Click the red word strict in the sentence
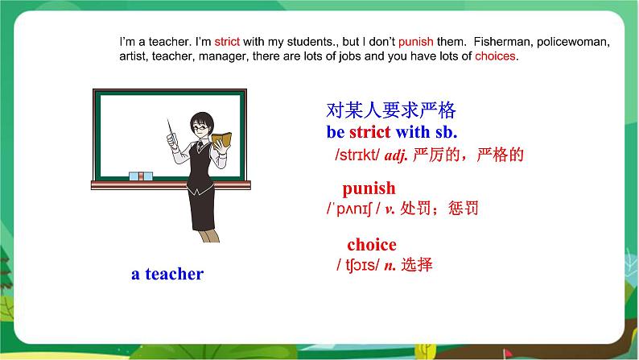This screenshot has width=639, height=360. (227, 42)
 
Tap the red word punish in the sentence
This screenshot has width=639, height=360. (416, 43)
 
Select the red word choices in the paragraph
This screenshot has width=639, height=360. (495, 56)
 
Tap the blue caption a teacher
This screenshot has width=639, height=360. (167, 274)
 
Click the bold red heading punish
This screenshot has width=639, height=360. (369, 188)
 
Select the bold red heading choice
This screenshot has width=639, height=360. (372, 245)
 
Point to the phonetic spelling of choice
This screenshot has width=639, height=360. (358, 266)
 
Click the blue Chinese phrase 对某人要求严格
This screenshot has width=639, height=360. (391, 110)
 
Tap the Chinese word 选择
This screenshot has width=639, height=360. (417, 265)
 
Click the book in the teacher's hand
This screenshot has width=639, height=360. (221, 140)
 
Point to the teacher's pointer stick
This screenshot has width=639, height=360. (171, 128)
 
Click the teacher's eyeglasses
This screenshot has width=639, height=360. (200, 127)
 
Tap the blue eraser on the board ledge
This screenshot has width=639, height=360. (141, 176)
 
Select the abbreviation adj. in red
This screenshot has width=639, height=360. (396, 155)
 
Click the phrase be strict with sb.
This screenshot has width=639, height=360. (392, 132)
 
